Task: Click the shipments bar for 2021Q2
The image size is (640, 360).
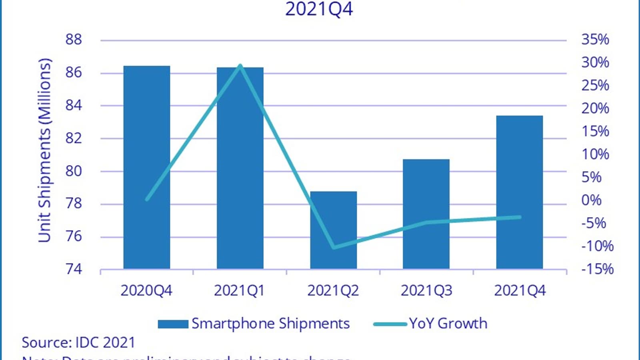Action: click(333, 230)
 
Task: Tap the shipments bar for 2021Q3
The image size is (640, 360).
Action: click(426, 214)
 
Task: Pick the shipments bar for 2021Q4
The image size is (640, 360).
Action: click(519, 192)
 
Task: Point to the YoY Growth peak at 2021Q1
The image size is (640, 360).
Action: click(240, 65)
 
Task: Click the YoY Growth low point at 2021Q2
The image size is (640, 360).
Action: click(334, 248)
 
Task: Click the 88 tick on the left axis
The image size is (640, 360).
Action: click(74, 40)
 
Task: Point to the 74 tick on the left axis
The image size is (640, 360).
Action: click(74, 269)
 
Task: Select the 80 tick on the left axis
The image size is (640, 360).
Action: click(74, 171)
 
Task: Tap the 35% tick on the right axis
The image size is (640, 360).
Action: click(595, 40)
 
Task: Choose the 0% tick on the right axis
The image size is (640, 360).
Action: click(591, 200)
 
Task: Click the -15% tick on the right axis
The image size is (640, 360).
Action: click(597, 269)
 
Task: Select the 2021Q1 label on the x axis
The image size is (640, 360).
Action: click(239, 291)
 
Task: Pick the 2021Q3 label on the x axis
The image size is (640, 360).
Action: click(426, 291)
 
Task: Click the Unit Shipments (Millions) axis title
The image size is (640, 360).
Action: click(45, 150)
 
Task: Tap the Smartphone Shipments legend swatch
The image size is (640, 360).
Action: click(173, 324)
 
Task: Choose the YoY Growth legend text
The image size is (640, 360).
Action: click(448, 324)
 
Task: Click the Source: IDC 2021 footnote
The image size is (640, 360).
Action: click(78, 343)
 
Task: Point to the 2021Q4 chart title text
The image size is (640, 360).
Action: click(319, 9)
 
